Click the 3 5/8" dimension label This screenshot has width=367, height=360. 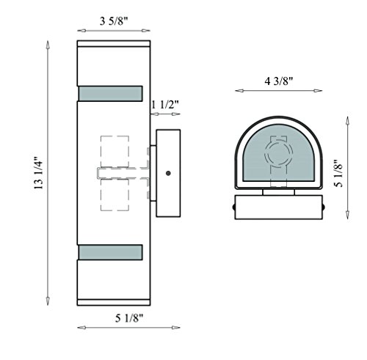(x=114, y=21)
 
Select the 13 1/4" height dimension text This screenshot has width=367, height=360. (x=38, y=173)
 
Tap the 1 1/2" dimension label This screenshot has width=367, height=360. (x=165, y=105)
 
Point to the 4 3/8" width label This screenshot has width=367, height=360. (x=279, y=81)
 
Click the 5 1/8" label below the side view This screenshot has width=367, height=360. (x=129, y=318)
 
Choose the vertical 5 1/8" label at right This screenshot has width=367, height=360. (x=338, y=174)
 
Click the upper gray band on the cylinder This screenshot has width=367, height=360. (x=110, y=93)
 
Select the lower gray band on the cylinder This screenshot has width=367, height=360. (x=110, y=252)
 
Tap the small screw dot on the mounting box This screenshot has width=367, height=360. (x=168, y=173)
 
